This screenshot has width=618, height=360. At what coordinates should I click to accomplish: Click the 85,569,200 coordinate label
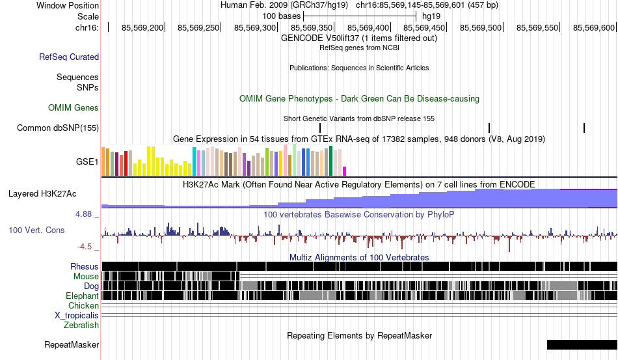point(142,27)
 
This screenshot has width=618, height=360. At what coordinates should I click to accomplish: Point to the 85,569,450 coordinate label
point(424,27)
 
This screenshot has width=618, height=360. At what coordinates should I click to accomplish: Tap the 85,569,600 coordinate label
point(594,27)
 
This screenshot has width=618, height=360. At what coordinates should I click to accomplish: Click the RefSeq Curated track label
point(69,57)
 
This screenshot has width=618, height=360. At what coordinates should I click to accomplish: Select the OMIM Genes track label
point(74,107)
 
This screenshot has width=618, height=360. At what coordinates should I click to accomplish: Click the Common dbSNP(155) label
point(58,128)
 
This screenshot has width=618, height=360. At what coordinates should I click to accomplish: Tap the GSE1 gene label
point(87,161)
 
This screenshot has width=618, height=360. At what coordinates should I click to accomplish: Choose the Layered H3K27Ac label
point(42,193)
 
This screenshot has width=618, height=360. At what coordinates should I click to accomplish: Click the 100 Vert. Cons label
point(36,230)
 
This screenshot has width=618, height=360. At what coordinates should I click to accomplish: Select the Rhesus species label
point(85,266)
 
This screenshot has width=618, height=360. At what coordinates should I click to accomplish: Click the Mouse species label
point(86,277)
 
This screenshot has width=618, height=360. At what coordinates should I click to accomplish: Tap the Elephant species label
point(82,296)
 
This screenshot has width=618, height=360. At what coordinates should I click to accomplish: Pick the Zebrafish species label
point(81,325)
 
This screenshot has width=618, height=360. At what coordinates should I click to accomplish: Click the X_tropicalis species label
point(77,316)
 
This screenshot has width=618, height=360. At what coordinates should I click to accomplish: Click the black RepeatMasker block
point(582,344)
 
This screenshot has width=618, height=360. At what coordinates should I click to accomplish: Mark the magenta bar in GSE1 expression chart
point(345,171)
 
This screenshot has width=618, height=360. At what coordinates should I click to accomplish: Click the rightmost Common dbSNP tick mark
point(584,128)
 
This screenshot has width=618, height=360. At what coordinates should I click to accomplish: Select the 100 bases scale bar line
point(360,16)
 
